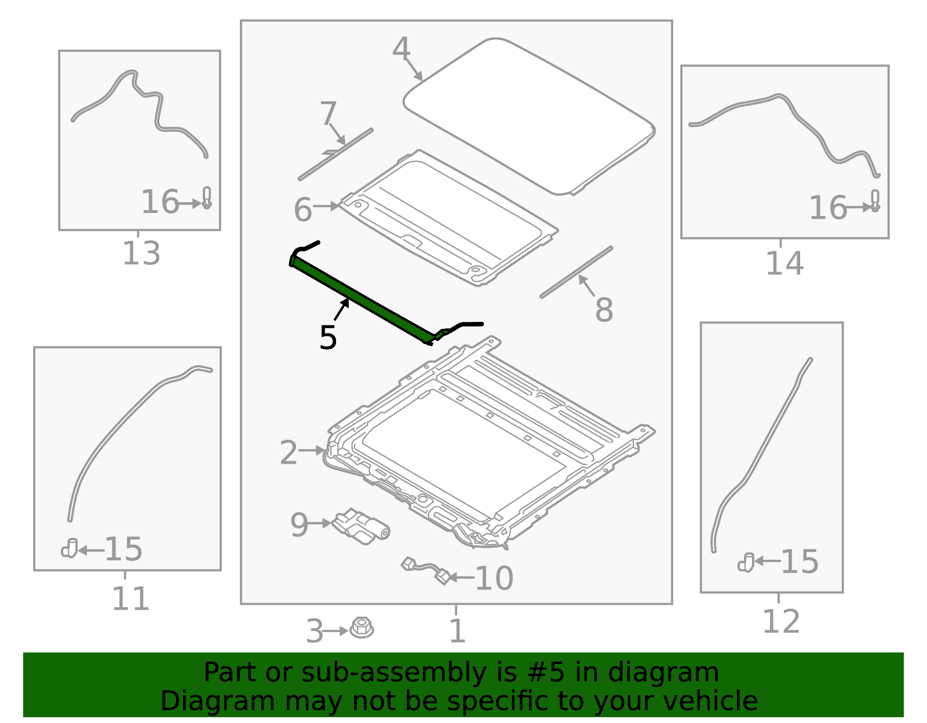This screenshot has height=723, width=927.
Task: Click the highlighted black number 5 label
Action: pos(328,337)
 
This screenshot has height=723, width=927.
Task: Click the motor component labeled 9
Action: pos(360,526)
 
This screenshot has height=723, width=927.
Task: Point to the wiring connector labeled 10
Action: pos(425,571)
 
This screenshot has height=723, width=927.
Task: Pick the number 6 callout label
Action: pos(303,210)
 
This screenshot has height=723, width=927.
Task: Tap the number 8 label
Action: pos(604,310)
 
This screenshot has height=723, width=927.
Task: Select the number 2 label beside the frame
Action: pos(289,453)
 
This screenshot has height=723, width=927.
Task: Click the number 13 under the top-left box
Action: pos(141,253)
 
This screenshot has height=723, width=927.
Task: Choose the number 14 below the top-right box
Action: pos(785,263)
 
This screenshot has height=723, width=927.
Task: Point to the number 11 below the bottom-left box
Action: pos(130,599)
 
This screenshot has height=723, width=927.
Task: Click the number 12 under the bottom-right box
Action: pos(780,622)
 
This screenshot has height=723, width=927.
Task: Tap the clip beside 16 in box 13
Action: pos(207,198)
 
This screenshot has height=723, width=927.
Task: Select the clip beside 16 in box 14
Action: pos(875,201)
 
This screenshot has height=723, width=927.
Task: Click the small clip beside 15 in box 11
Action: pos(70,548)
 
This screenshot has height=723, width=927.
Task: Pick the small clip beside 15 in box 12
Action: pos(746,563)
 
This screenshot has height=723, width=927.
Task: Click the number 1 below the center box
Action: pos(457,630)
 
